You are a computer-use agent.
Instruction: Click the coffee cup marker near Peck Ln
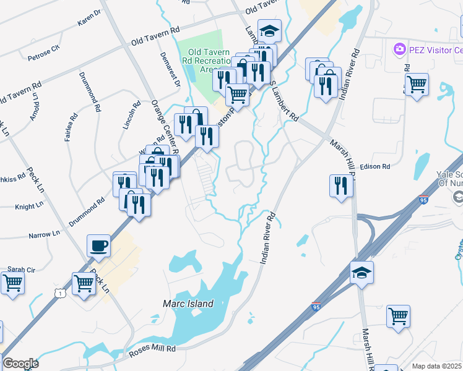[x=99, y=246]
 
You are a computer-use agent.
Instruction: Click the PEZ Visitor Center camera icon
[x=399, y=49]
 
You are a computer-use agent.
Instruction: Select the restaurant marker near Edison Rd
[x=340, y=186]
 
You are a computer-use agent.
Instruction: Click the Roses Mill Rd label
[x=152, y=351]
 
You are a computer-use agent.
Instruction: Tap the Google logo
[x=20, y=364]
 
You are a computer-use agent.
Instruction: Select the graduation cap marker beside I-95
[x=361, y=273]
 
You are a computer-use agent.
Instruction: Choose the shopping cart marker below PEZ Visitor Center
[x=417, y=85]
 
